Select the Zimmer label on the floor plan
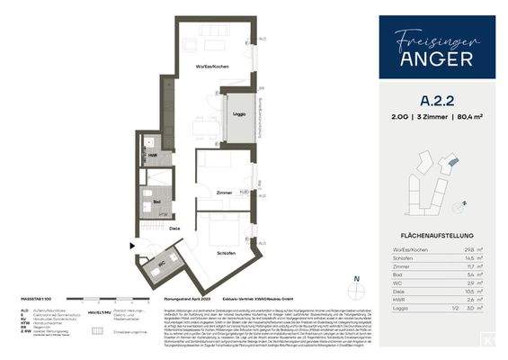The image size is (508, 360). (x=224, y=193)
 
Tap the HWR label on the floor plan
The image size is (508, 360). (x=154, y=156)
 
